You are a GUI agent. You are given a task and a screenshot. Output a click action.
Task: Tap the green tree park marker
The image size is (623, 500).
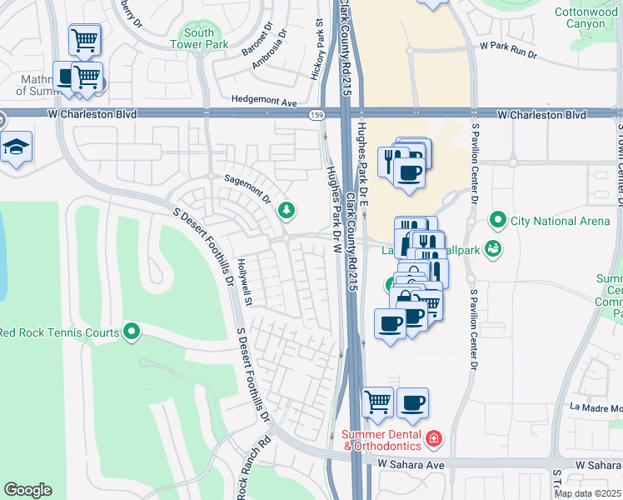pyautogui.click(x=287, y=209)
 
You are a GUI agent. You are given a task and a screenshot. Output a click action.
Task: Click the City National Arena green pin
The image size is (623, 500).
pyautogui.click(x=498, y=221)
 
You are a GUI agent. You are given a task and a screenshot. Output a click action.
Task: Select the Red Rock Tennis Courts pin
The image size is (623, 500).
pyautogui.click(x=132, y=333)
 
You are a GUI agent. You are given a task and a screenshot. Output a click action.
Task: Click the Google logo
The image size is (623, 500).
pyautogui.click(x=27, y=490)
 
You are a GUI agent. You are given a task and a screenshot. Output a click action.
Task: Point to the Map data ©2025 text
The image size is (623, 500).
pyautogui.click(x=588, y=493)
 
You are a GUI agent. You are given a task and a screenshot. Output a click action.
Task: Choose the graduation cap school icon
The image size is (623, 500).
pyautogui.click(x=16, y=147)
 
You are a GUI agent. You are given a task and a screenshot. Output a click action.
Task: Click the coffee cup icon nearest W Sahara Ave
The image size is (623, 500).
pyautogui.click(x=412, y=403)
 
